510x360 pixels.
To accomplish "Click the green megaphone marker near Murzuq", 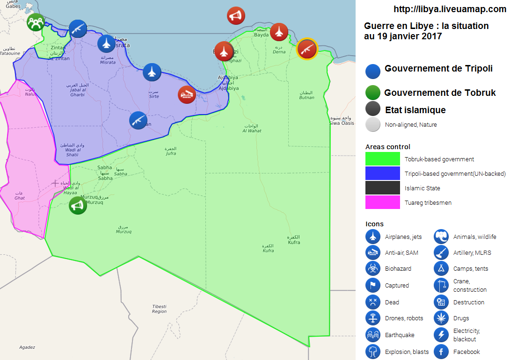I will pos(78,205).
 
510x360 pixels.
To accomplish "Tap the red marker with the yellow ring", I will pos(307,49).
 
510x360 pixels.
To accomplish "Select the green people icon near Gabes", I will pos(36,22).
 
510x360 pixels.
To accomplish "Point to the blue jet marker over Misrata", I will pos(106,44).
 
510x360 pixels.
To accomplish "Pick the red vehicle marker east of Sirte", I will pos(187,94).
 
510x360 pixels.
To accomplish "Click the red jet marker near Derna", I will pos(279,32).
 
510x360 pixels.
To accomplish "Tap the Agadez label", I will pos(27,347).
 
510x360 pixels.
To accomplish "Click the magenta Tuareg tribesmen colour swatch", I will pos(382,202).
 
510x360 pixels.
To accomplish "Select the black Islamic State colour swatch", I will pos(382,188).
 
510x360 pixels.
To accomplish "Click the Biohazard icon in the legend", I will pos(373,268).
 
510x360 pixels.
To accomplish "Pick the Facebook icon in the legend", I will pos(441,352).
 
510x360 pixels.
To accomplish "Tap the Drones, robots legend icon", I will pos(373,318).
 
